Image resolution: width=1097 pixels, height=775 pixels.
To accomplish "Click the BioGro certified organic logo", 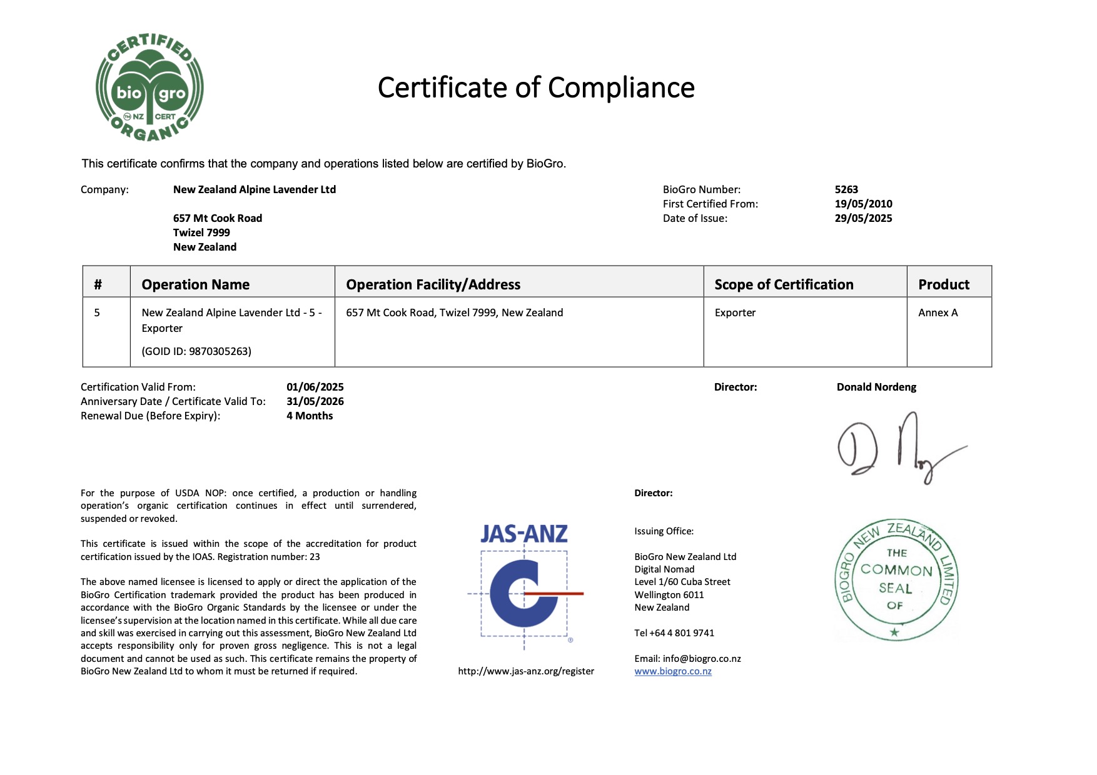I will [x=149, y=87].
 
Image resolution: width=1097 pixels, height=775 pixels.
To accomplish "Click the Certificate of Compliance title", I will [x=536, y=87].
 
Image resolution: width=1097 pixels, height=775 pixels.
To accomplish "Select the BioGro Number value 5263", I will [x=846, y=189].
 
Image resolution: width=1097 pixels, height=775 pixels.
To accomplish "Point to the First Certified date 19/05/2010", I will [x=863, y=204].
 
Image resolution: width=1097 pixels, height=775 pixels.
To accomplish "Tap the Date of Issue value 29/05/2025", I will [x=863, y=218].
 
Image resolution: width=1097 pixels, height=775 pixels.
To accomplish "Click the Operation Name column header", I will [x=195, y=284].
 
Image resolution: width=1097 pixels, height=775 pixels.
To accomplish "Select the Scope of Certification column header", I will [x=784, y=284].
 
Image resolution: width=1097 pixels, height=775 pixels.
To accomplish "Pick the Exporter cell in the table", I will [x=735, y=312].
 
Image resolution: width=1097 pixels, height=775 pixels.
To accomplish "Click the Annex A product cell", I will [x=938, y=312].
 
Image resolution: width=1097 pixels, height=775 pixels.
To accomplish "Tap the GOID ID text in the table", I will [x=196, y=351].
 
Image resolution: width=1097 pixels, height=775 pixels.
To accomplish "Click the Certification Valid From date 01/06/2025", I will [x=315, y=387].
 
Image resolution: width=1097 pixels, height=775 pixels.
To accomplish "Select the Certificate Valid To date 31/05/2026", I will [x=315, y=401].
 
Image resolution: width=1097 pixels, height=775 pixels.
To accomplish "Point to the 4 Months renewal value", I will [x=310, y=416].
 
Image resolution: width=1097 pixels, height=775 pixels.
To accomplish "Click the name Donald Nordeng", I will [x=876, y=387].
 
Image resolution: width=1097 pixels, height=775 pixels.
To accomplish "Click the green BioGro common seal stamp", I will [x=896, y=580].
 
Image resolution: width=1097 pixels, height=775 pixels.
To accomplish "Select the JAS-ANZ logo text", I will [x=524, y=534].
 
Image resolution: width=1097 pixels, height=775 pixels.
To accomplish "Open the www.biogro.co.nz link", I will [x=673, y=671].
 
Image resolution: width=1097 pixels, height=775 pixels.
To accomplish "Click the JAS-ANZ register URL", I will [x=526, y=671].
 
